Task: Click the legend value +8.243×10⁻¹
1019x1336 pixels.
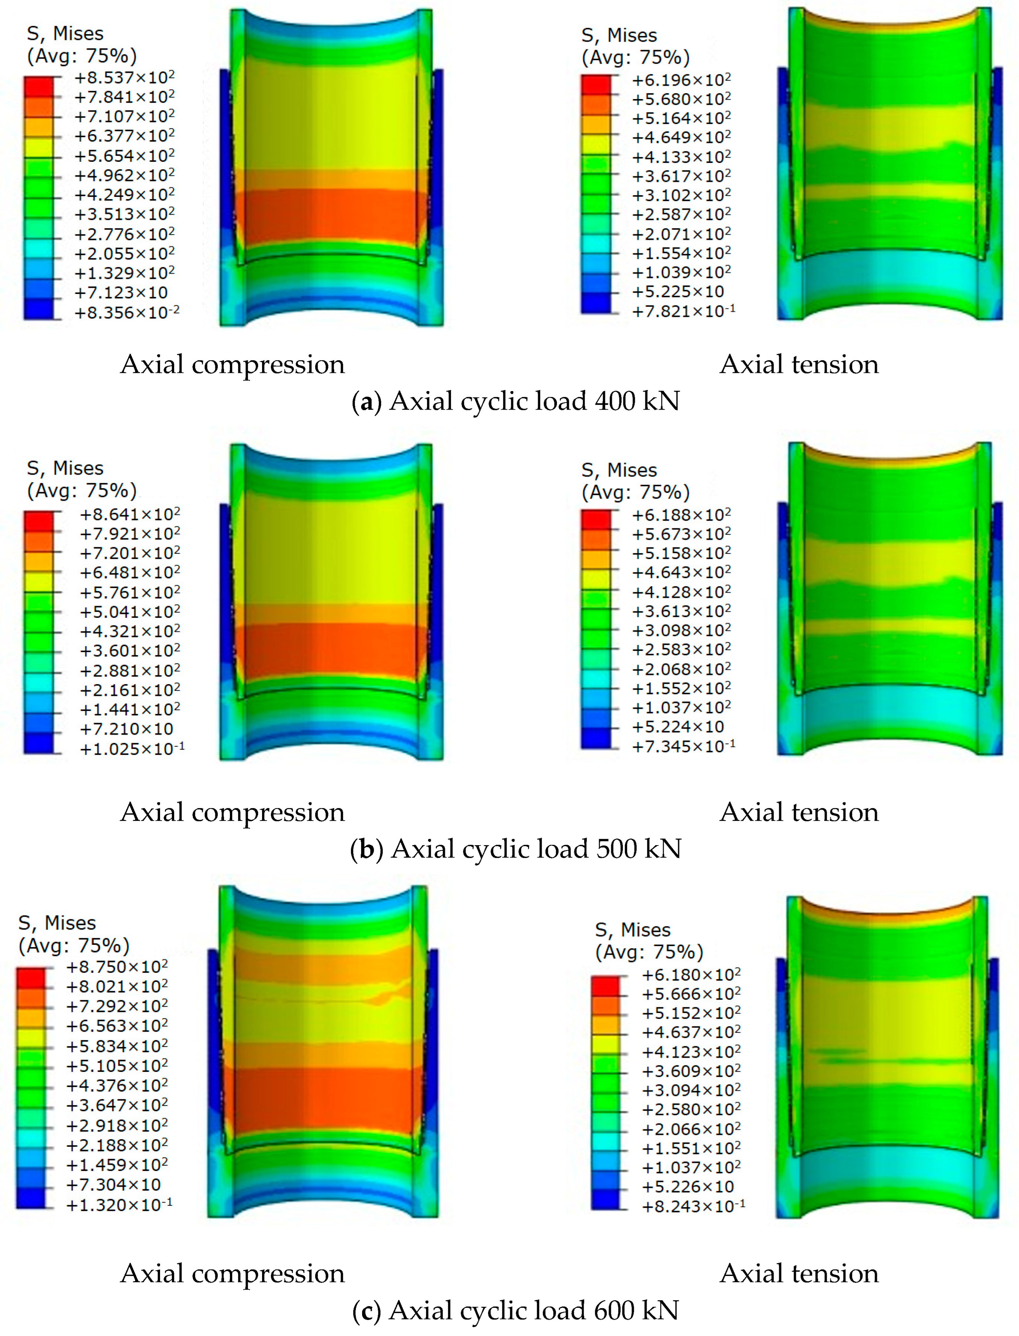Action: [693, 1206]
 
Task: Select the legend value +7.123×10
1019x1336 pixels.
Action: [121, 292]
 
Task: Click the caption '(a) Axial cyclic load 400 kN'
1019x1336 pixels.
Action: [515, 401]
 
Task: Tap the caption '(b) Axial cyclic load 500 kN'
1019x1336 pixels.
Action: [515, 848]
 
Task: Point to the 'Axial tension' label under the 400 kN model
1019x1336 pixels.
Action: [799, 364]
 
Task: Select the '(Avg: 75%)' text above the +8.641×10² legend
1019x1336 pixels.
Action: [82, 490]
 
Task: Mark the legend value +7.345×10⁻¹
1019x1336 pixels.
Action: [683, 746]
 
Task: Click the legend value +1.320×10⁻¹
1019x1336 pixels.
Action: [119, 1205]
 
